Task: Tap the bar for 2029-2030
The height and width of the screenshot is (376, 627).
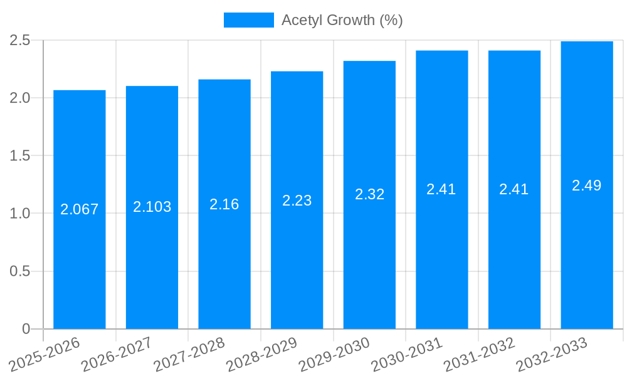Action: [x=369, y=263]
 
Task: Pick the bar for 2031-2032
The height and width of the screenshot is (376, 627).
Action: [x=514, y=263]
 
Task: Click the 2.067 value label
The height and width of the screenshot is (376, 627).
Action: [x=80, y=209]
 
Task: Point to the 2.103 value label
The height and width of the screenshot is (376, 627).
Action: [x=152, y=207]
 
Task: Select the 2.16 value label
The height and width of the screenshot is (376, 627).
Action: [x=224, y=204]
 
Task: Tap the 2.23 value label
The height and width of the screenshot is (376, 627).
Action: [x=297, y=201]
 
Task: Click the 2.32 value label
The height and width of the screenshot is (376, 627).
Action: [x=370, y=194]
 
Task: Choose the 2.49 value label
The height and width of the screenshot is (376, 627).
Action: [x=587, y=185]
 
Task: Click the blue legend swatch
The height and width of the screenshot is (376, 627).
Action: [x=249, y=20]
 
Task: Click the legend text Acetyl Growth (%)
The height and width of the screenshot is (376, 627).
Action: [x=342, y=20]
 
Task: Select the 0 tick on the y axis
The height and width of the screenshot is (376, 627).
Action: [x=26, y=329]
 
